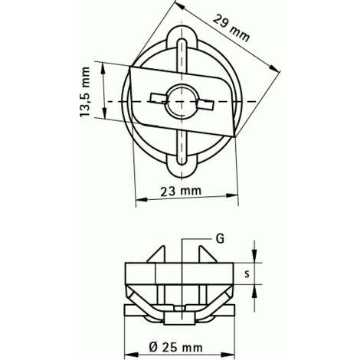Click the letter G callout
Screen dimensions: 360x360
pos(220,239)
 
